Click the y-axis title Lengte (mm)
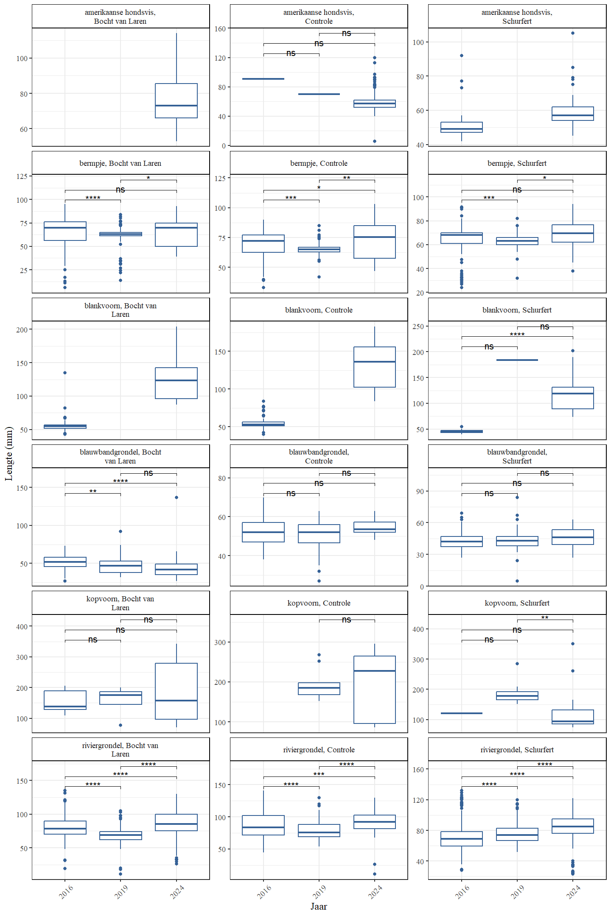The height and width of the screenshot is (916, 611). (9, 453)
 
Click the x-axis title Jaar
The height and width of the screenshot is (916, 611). (319, 906)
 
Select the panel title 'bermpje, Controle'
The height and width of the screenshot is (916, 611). (319, 163)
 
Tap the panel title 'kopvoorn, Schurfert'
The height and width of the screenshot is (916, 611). (517, 603)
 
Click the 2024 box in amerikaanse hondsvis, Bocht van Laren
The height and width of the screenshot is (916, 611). (176, 101)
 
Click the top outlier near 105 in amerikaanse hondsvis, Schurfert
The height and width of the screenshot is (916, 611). (572, 33)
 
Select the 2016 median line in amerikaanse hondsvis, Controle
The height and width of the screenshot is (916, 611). (263, 79)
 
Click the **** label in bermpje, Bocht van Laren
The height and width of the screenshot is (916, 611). (92, 198)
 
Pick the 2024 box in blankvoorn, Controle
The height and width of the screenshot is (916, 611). (374, 367)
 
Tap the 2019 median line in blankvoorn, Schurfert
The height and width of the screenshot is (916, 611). (517, 360)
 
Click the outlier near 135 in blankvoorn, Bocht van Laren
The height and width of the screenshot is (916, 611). (65, 373)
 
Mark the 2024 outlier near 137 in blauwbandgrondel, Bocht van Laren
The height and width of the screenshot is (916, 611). (177, 497)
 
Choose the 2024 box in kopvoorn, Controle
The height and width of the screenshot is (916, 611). (374, 690)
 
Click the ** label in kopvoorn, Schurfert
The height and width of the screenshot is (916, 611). (544, 618)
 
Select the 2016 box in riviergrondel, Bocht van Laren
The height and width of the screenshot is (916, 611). (65, 827)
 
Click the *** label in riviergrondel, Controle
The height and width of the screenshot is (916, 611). (319, 774)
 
